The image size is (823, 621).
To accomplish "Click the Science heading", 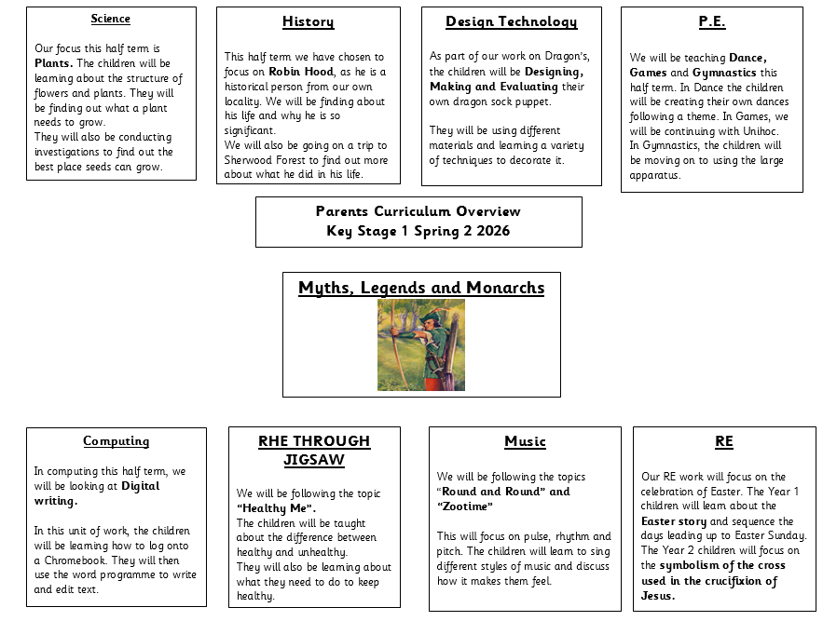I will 111,19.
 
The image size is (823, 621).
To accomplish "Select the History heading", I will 308,21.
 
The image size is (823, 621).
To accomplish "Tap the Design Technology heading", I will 511,21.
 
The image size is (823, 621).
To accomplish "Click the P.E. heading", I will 711,21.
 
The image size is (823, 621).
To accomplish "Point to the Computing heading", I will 116,441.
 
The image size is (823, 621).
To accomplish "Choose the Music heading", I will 525,441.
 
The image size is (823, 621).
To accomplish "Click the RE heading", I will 723,441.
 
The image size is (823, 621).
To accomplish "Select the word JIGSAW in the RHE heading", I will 314,460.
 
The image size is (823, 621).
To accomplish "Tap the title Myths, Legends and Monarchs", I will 421,288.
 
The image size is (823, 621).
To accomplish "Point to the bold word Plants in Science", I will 52,63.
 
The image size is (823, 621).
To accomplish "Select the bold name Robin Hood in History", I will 301,72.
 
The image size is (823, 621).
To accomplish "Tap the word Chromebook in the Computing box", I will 77,560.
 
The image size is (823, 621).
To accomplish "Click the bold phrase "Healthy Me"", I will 276,508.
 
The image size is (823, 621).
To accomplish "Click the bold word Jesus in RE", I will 657,596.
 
